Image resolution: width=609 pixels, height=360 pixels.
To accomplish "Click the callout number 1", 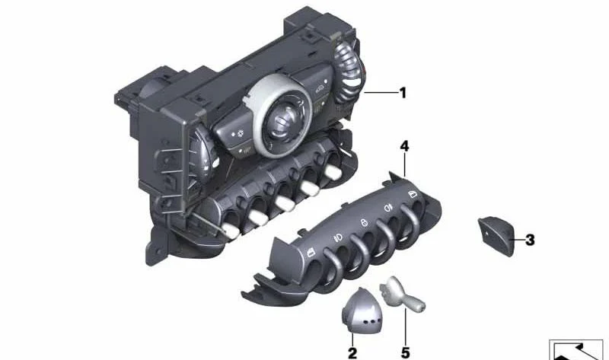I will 403,93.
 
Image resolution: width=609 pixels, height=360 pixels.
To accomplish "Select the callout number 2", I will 352,352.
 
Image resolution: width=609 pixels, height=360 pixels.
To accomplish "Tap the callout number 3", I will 530,240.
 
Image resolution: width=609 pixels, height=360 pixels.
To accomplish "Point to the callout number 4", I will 405,145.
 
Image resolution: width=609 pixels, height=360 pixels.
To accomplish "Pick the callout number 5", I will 406,352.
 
